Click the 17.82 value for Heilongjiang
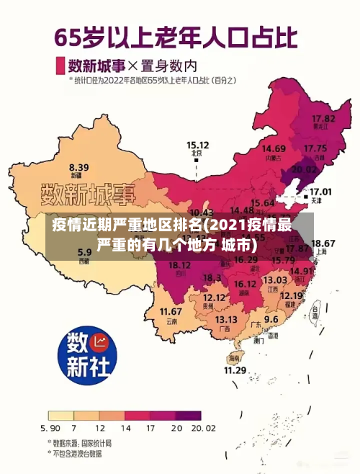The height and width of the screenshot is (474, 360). pyautogui.click(x=323, y=117)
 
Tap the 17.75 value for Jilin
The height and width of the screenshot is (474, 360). pyautogui.click(x=315, y=148)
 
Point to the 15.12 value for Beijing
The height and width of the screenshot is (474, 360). pyautogui.click(x=198, y=144)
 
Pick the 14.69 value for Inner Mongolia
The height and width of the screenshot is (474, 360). pyautogui.click(x=273, y=148)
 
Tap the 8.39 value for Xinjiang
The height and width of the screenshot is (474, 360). pyautogui.click(x=79, y=166)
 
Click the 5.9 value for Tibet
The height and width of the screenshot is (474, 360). pyautogui.click(x=85, y=252)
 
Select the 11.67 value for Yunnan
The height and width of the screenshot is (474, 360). pyautogui.click(x=171, y=311)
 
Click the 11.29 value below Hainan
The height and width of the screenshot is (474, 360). pyautogui.click(x=235, y=370)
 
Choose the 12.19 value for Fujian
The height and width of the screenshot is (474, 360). pyautogui.click(x=291, y=295)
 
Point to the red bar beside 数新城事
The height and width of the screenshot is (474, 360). pyautogui.click(x=60, y=66)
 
